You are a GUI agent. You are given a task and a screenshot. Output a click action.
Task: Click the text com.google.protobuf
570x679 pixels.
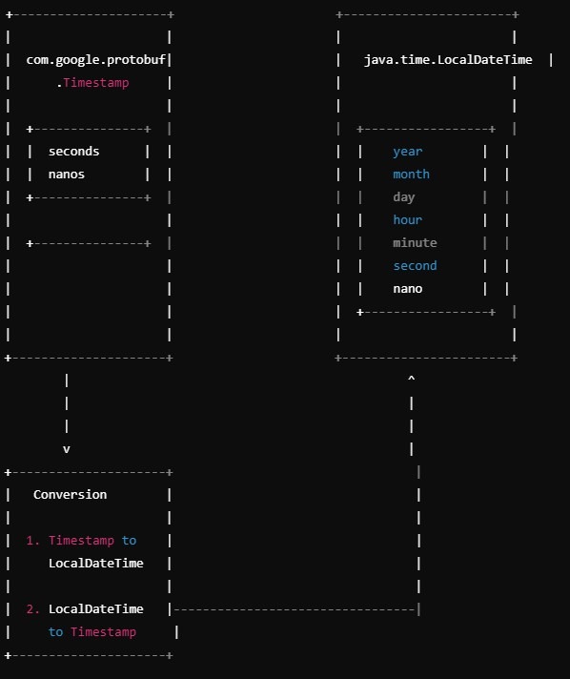(95, 60)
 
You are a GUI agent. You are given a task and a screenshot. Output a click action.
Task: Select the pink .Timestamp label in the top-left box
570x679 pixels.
(92, 82)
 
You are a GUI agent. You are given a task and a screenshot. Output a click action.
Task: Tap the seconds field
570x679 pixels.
(73, 151)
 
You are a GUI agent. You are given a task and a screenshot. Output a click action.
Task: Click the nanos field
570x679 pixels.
(66, 175)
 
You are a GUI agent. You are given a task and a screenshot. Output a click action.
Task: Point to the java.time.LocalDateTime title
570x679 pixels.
(448, 60)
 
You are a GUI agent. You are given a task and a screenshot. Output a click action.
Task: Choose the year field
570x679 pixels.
(407, 152)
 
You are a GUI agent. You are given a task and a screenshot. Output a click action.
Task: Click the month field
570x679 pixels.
(411, 175)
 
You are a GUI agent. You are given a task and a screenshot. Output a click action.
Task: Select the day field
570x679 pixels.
(404, 197)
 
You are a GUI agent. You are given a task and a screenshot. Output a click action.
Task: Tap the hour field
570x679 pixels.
(407, 219)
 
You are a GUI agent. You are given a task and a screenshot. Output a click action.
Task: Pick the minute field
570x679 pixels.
(415, 242)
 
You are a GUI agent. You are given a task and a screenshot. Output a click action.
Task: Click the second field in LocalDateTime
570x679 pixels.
(415, 265)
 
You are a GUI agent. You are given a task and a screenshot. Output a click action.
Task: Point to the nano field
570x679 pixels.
(407, 289)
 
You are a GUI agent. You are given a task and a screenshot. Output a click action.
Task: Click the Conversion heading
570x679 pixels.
(70, 495)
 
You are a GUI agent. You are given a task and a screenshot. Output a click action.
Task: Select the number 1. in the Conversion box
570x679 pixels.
(33, 541)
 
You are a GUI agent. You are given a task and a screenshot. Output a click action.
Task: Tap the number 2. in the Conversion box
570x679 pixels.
(33, 608)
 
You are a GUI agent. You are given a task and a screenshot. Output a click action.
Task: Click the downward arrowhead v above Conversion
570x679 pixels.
(66, 449)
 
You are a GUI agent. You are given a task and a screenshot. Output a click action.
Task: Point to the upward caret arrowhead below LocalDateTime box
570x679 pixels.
(411, 378)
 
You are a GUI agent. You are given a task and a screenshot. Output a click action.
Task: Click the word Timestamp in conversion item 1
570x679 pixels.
(81, 541)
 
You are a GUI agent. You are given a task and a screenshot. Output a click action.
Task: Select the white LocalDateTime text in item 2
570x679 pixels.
(95, 608)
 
